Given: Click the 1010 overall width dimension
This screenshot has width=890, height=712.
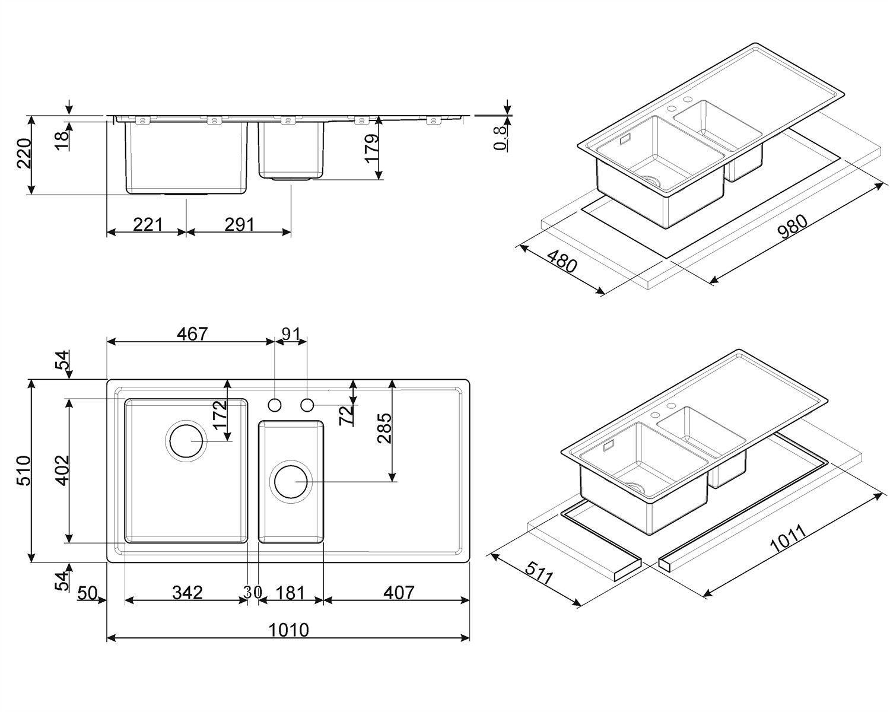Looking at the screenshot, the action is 289,630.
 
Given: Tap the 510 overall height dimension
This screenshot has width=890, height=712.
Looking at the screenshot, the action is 24,471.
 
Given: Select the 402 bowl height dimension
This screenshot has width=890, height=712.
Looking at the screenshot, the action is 63,471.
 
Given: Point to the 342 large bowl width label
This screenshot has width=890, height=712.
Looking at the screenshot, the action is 187,592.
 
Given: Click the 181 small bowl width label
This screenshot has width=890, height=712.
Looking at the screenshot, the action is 290,592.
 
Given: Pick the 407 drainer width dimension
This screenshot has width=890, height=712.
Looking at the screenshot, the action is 399,592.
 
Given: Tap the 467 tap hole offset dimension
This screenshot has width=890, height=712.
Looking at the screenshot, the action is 192,333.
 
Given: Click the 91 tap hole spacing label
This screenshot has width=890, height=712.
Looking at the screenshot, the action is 291,333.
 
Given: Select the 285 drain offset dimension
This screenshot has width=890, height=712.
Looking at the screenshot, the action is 384,428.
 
